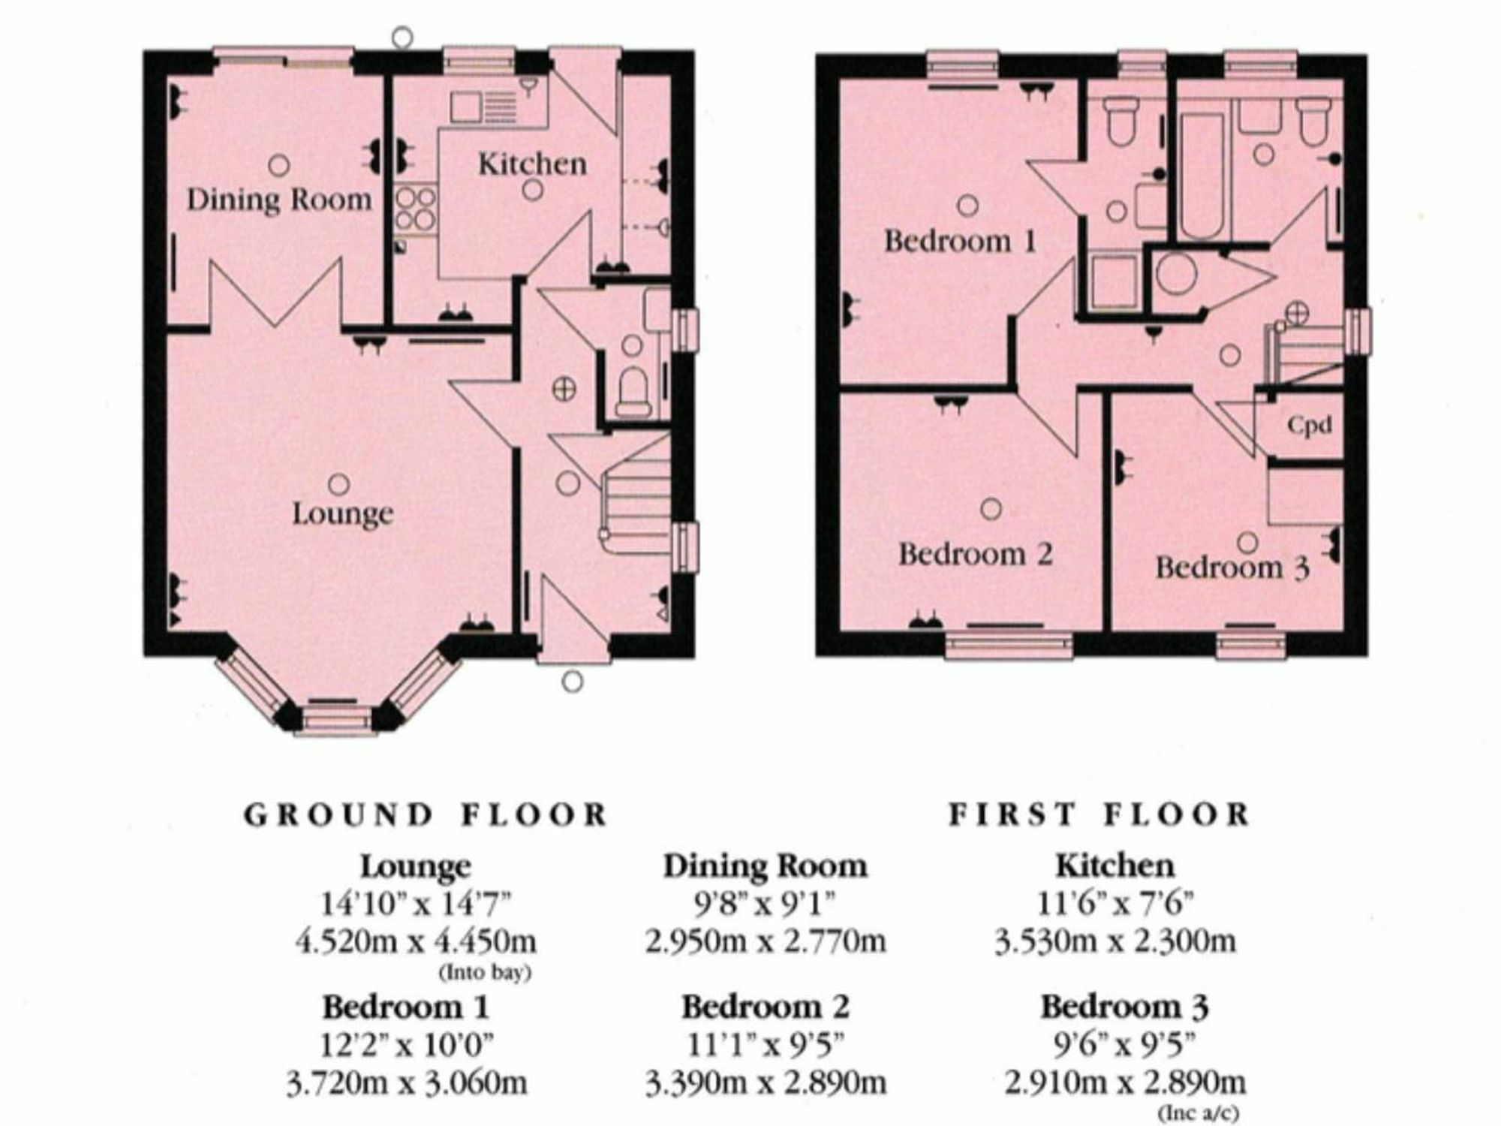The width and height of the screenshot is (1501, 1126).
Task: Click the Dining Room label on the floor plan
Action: pyautogui.click(x=279, y=200)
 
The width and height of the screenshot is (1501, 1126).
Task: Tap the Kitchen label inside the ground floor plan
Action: pyautogui.click(x=532, y=164)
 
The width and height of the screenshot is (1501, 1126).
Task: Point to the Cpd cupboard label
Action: pyautogui.click(x=1310, y=426)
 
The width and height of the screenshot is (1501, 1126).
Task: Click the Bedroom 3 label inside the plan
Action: pyautogui.click(x=1232, y=568)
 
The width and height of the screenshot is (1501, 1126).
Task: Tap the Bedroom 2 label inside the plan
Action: pyautogui.click(x=976, y=555)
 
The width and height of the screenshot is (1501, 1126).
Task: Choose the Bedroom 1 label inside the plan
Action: pyautogui.click(x=960, y=241)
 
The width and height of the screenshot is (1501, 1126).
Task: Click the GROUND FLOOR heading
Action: pyautogui.click(x=426, y=815)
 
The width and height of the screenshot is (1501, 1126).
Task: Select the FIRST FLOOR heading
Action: pyautogui.click(x=1099, y=815)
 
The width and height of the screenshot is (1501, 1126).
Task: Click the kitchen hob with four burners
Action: pyautogui.click(x=415, y=208)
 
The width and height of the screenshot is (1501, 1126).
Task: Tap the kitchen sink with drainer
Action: pyautogui.click(x=483, y=107)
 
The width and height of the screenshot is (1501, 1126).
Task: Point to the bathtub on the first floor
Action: pyautogui.click(x=1202, y=176)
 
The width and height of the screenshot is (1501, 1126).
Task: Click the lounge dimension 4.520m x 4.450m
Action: pyautogui.click(x=416, y=941)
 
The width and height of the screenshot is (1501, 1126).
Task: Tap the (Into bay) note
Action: pyautogui.click(x=485, y=973)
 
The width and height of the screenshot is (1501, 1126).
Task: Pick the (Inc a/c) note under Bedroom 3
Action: pyautogui.click(x=1199, y=1112)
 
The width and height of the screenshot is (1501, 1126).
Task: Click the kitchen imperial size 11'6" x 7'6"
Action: pyautogui.click(x=1114, y=903)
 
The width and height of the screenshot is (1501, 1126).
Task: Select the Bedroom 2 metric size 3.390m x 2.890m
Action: pyautogui.click(x=766, y=1083)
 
